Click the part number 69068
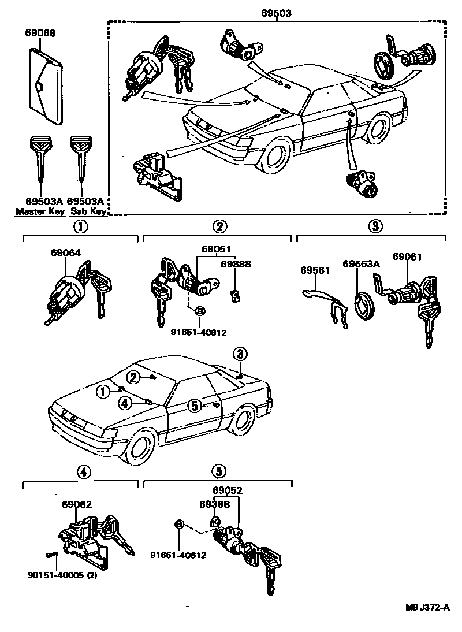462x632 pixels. pyautogui.click(x=40, y=33)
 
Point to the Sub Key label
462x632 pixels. pyautogui.click(x=86, y=211)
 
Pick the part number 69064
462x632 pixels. pyautogui.click(x=65, y=252)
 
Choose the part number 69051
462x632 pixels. pyautogui.click(x=216, y=250)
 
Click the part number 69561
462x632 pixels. pyautogui.click(x=315, y=270)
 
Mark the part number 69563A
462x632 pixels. pyautogui.click(x=361, y=263)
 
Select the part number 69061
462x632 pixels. pyautogui.click(x=407, y=256)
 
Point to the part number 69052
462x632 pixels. pyautogui.click(x=227, y=490)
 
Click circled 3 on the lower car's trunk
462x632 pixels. pyautogui.click(x=240, y=354)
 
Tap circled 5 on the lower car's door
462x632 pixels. pyautogui.click(x=195, y=406)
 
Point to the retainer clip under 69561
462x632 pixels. pyautogui.click(x=327, y=304)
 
